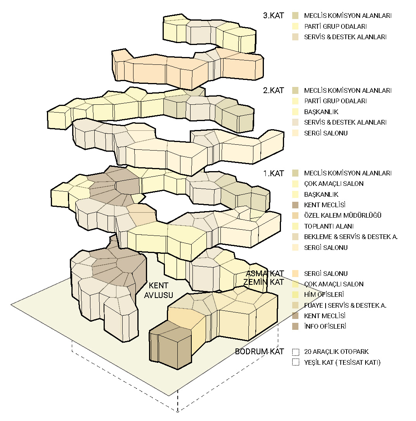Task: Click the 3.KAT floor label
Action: click(x=274, y=16)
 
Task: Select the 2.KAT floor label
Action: click(x=274, y=90)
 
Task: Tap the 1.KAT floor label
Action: click(x=274, y=173)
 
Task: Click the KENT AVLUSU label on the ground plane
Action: click(x=158, y=290)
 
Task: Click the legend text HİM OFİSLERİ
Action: click(x=324, y=295)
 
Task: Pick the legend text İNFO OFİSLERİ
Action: click(x=325, y=327)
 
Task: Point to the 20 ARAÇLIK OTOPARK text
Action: click(x=336, y=352)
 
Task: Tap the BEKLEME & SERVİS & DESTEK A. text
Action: click(x=351, y=237)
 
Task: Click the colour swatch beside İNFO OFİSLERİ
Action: click(x=296, y=327)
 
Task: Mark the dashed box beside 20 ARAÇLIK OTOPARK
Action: click(x=296, y=352)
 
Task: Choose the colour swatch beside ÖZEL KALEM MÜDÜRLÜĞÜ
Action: click(x=296, y=216)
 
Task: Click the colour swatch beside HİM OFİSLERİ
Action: click(x=296, y=295)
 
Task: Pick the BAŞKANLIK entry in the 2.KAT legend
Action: click(x=321, y=112)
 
